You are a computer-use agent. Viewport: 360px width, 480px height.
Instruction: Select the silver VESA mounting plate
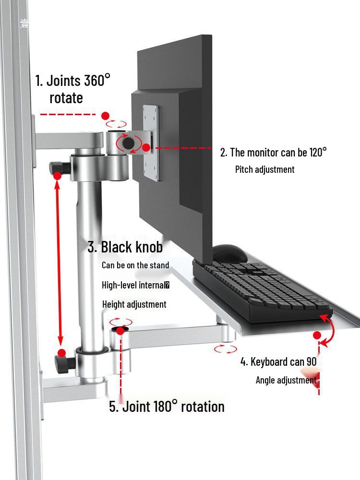[151, 143]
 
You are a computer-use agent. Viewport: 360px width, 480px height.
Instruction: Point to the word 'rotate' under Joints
[66, 98]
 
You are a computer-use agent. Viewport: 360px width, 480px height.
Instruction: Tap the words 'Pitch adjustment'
[265, 169]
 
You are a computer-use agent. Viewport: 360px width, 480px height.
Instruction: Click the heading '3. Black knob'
[125, 247]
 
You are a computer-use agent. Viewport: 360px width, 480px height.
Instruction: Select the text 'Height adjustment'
[134, 304]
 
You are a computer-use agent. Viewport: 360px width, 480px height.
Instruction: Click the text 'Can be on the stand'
[135, 265]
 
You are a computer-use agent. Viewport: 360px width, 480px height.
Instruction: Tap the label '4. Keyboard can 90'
[278, 361]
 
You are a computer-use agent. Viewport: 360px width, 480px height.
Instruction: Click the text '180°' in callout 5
[165, 406]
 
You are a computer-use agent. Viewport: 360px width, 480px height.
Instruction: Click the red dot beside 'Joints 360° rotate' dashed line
[105, 116]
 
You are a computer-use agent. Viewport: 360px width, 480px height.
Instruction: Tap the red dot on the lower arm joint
[120, 331]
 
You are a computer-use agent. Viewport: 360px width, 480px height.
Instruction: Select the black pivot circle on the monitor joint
[129, 143]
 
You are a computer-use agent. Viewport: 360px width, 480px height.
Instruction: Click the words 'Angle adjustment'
[286, 380]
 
